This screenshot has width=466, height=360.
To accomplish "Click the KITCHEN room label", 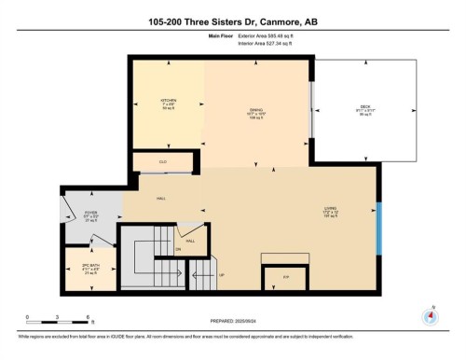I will [x=168, y=100].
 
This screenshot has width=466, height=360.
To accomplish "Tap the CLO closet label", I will [x=165, y=161].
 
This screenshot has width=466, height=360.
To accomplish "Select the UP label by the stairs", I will [x=221, y=276].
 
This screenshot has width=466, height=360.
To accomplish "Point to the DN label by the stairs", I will [x=178, y=248].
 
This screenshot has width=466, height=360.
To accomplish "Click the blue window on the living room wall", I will [x=379, y=228].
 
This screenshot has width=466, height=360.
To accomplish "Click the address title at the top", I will [x=233, y=21].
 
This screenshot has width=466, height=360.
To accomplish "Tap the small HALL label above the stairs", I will [x=190, y=240].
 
